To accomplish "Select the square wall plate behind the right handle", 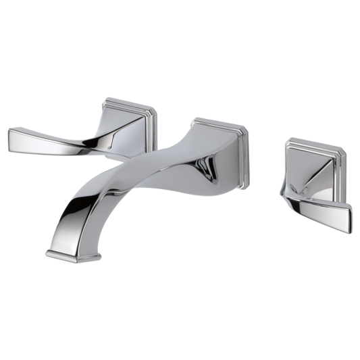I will click(308, 179).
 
